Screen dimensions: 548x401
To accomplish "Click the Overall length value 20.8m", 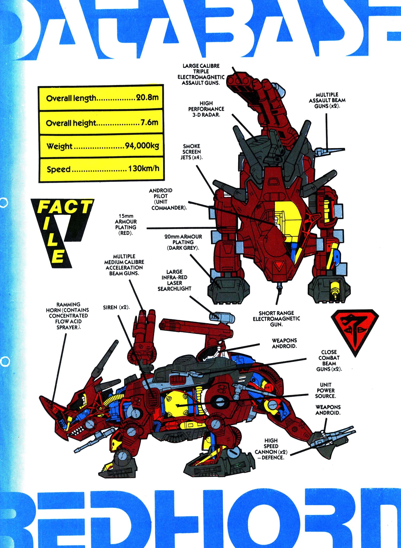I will (x=147, y=97).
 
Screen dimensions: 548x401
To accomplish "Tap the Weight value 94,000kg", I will (x=142, y=146).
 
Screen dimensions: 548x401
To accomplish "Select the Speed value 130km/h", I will (x=144, y=169).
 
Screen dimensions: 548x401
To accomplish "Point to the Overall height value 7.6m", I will (x=149, y=122).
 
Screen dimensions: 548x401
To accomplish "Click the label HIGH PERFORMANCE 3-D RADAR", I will (x=206, y=109).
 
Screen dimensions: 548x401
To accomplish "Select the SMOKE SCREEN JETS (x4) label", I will (x=191, y=152).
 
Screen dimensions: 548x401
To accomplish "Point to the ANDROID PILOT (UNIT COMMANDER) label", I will (x=168, y=199).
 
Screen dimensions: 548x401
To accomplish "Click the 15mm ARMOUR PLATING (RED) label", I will (x=126, y=224).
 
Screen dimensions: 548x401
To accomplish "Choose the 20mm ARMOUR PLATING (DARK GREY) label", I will (x=183, y=242).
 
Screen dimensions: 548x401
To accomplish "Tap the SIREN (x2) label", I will (x=116, y=307).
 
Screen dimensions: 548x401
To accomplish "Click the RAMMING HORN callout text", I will (x=68, y=316).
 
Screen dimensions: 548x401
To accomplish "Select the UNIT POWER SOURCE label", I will (x=325, y=390).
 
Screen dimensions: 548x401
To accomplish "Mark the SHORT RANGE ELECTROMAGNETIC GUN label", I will (x=276, y=319).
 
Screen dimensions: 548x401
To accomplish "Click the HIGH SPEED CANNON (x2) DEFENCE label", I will (x=271, y=449).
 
